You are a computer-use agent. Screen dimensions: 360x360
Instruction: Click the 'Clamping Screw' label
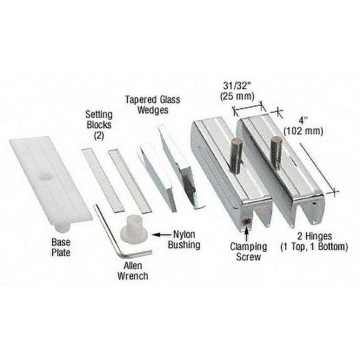point(246,252)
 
